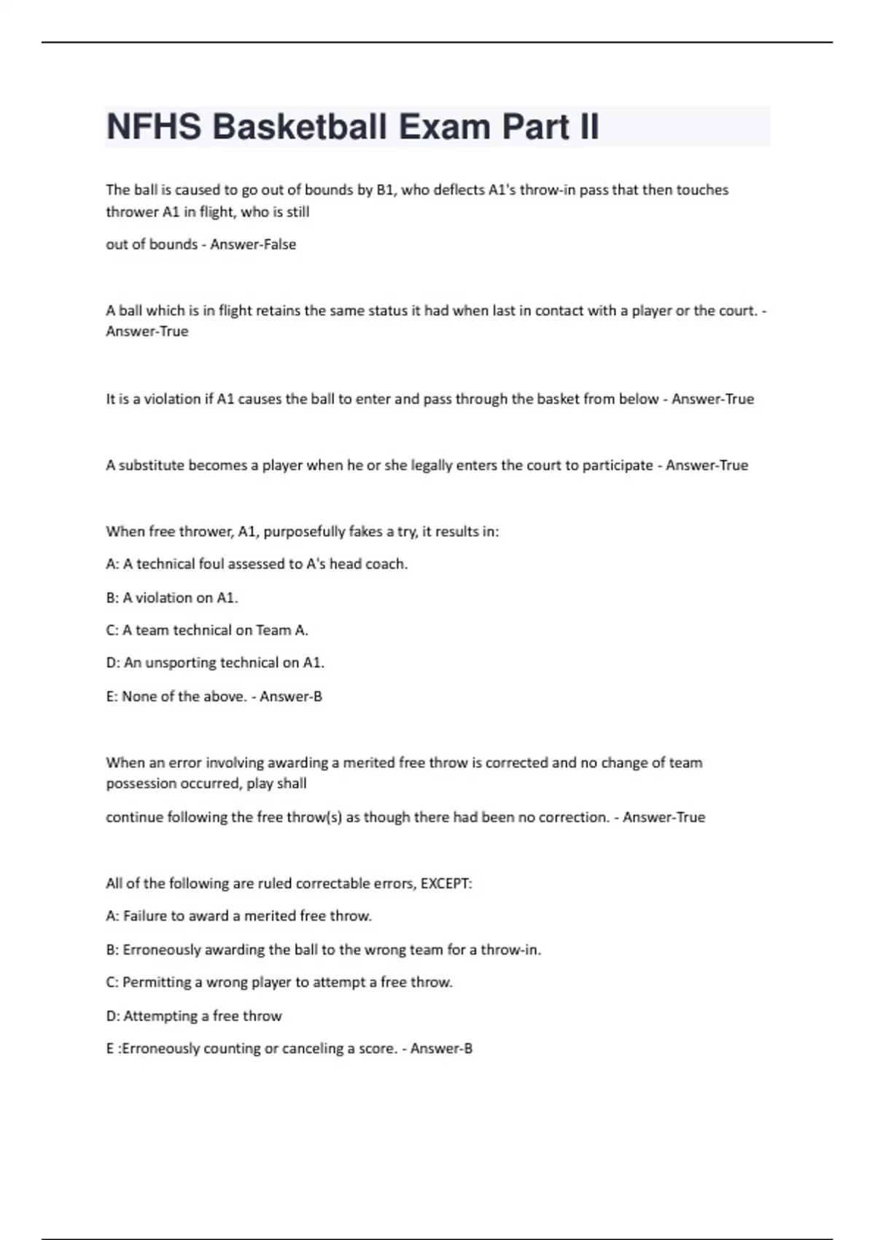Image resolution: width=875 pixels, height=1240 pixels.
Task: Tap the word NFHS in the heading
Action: coord(154,127)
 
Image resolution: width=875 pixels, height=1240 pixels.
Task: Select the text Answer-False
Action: coord(253,244)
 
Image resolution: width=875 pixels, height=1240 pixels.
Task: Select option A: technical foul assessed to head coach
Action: coord(257,564)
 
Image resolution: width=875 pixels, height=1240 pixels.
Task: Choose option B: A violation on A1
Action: coord(172,597)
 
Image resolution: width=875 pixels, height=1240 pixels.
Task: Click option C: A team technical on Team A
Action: coord(207,630)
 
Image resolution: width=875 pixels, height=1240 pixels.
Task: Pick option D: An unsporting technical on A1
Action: coord(215,663)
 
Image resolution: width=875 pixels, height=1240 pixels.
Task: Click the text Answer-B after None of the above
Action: coord(291,697)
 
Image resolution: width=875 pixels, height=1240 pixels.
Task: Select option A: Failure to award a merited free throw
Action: coord(238,916)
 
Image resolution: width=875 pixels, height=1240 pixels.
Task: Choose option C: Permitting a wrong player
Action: coord(279,983)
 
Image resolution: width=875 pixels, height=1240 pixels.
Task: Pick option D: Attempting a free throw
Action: coord(194,1016)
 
